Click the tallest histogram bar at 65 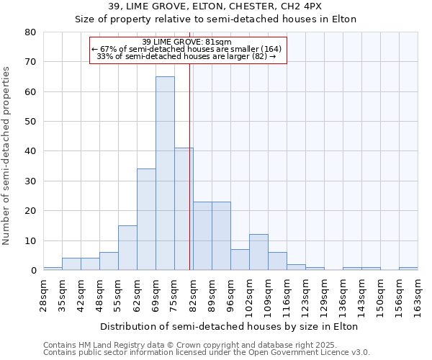pos(165,173)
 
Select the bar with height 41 pos(184,209)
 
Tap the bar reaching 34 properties pos(146,220)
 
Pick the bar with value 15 pos(127,248)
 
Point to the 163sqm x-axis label pos(418,295)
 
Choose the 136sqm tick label pos(343,295)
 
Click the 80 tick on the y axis pos(30,32)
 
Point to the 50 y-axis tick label pos(30,122)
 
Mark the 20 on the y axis pos(30,211)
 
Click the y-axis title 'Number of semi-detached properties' pos(7,155)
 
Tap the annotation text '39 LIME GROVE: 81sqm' pos(187,42)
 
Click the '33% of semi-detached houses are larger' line pos(186,56)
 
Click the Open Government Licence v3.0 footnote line pos(207,352)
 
